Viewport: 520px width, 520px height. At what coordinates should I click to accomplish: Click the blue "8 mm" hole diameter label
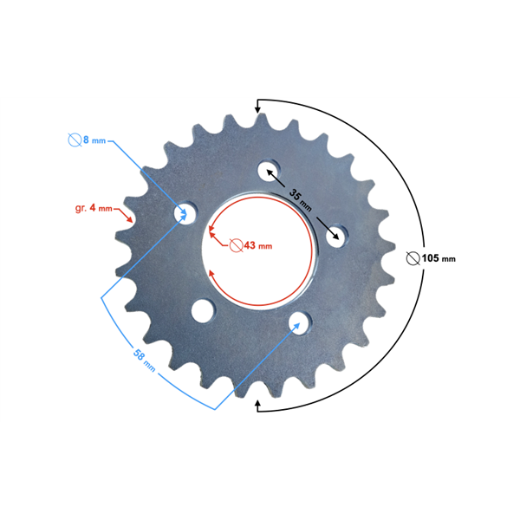[x=94, y=140]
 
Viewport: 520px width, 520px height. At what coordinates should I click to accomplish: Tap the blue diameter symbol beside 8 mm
[x=75, y=140]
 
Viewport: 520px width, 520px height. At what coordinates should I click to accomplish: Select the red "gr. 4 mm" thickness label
[x=94, y=208]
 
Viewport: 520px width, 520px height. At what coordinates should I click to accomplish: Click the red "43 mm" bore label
[x=258, y=246]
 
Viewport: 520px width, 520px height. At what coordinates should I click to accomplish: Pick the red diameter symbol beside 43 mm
[x=236, y=245]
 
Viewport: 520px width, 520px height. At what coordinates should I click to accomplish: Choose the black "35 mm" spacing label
[x=301, y=199]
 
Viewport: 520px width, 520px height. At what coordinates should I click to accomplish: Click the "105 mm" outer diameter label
[x=439, y=258]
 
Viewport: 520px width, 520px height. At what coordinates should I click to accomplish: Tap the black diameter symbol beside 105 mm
[x=413, y=258]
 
